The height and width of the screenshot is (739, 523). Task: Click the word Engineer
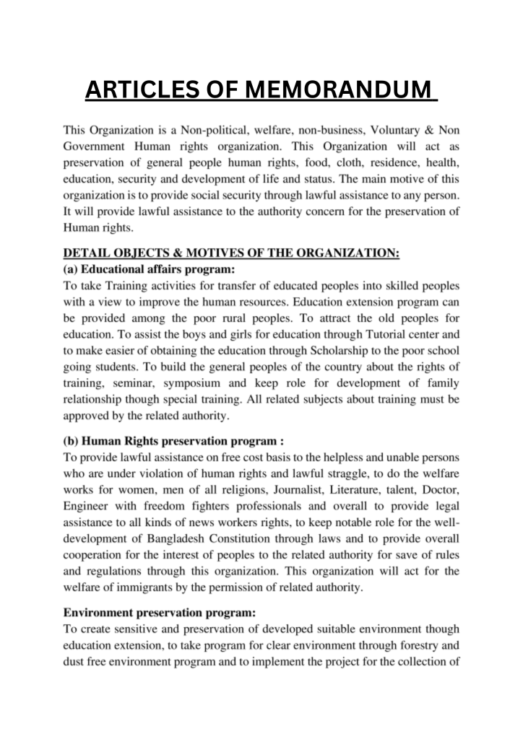90,504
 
